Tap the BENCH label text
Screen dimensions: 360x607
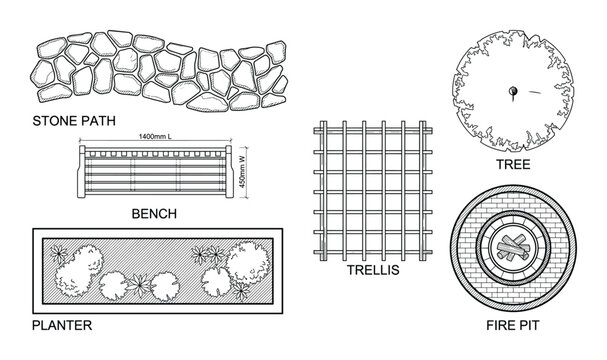coord(154,213)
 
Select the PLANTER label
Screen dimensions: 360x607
coord(62,325)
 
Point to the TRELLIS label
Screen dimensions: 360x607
coord(372,270)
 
